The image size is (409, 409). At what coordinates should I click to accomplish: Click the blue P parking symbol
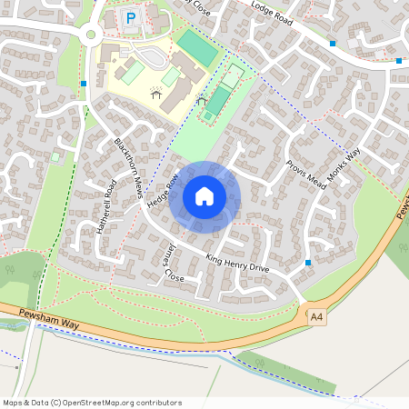pyautogui.click(x=131, y=17)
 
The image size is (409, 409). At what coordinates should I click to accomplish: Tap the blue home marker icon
pyautogui.click(x=204, y=196)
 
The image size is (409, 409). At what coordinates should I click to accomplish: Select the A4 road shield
pyautogui.click(x=316, y=316)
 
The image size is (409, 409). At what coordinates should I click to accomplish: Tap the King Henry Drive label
pyautogui.click(x=237, y=264)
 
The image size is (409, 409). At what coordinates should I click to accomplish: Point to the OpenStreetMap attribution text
pyautogui.click(x=92, y=402)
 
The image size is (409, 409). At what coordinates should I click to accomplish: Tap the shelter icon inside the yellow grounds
pyautogui.click(x=156, y=91)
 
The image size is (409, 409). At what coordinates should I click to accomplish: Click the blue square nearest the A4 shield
pyautogui.click(x=309, y=263)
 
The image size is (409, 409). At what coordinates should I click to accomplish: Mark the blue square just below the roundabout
pyautogui.click(x=85, y=84)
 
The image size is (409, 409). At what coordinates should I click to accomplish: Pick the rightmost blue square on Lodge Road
pyautogui.click(x=399, y=61)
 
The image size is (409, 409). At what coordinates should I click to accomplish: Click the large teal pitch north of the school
pyautogui.click(x=198, y=47)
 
